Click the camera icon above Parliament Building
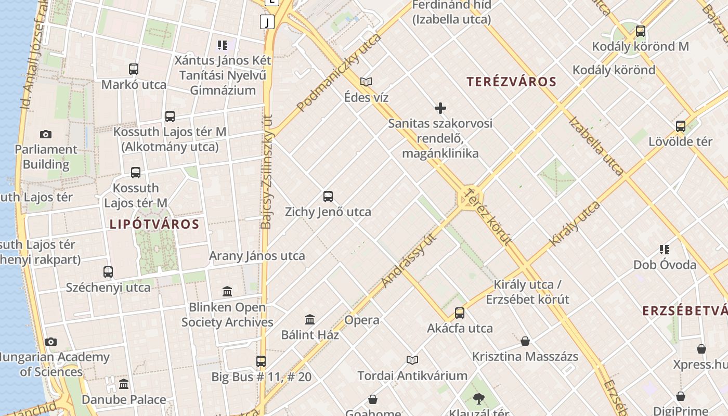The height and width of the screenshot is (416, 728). pos(46,135)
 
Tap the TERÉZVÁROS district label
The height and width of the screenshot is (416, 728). pos(511,82)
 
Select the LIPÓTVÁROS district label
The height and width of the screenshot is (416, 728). pos(154,224)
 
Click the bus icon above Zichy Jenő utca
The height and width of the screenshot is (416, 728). pos(328,197)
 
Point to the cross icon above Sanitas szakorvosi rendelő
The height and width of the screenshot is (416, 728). pos(440,108)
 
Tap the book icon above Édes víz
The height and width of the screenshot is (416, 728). pos(366,82)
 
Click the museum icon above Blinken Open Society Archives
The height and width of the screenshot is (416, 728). pos(227,291)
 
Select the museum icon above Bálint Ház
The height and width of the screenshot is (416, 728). pos(310,319)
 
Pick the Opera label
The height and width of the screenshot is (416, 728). pos(362,320)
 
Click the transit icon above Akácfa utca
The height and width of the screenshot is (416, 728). pos(460,313)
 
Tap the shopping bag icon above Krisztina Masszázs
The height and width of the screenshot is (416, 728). pos(525,341)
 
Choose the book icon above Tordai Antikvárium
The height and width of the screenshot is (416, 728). pos(412,360)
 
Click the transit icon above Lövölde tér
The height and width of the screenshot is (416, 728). pos(680,126)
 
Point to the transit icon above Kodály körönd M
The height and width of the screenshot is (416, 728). pos(641,31)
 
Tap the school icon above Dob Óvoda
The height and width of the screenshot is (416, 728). pos(664,250)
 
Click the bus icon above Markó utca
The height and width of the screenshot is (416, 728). pos(134,69)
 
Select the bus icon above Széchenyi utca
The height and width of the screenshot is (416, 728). pos(108,271)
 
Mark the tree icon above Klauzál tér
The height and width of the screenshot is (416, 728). pos(478,399)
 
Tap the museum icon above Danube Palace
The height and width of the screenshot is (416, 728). pos(124,384)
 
